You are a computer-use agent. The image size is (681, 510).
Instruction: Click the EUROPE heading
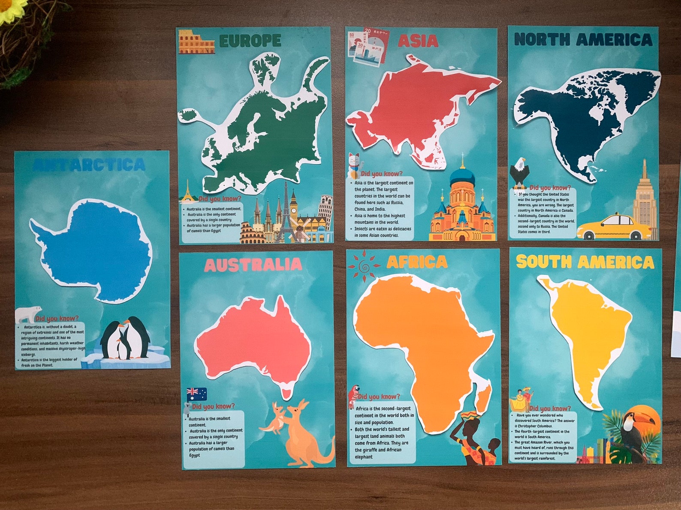point(250,41)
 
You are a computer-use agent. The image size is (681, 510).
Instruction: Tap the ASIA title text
point(418,41)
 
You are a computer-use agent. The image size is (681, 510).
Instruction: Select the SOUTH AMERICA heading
point(585,262)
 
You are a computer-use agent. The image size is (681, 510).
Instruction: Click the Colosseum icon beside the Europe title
point(196,42)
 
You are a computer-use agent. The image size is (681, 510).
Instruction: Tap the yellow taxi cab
point(611,228)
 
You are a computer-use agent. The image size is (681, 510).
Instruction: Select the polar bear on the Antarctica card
point(29,314)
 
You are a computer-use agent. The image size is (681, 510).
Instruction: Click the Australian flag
point(197,394)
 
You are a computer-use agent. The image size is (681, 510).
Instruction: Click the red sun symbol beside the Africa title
point(364,266)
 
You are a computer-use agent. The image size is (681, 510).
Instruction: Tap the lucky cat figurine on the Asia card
point(353,165)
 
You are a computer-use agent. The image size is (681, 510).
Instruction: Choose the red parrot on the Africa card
point(354,395)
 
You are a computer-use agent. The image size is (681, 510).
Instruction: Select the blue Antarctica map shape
point(95,250)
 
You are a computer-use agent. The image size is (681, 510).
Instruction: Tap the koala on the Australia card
point(187,409)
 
